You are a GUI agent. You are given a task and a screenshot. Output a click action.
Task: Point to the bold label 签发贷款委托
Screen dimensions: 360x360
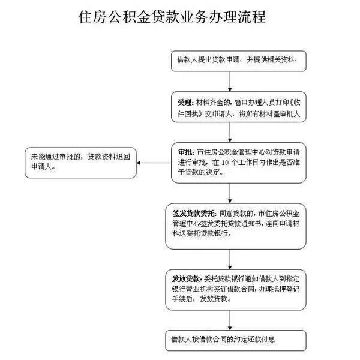pos(191,212)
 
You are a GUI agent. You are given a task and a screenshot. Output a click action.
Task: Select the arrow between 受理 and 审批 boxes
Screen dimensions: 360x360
pos(230,131)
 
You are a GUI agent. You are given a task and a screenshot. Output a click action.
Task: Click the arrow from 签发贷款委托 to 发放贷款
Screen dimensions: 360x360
pos(230,258)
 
